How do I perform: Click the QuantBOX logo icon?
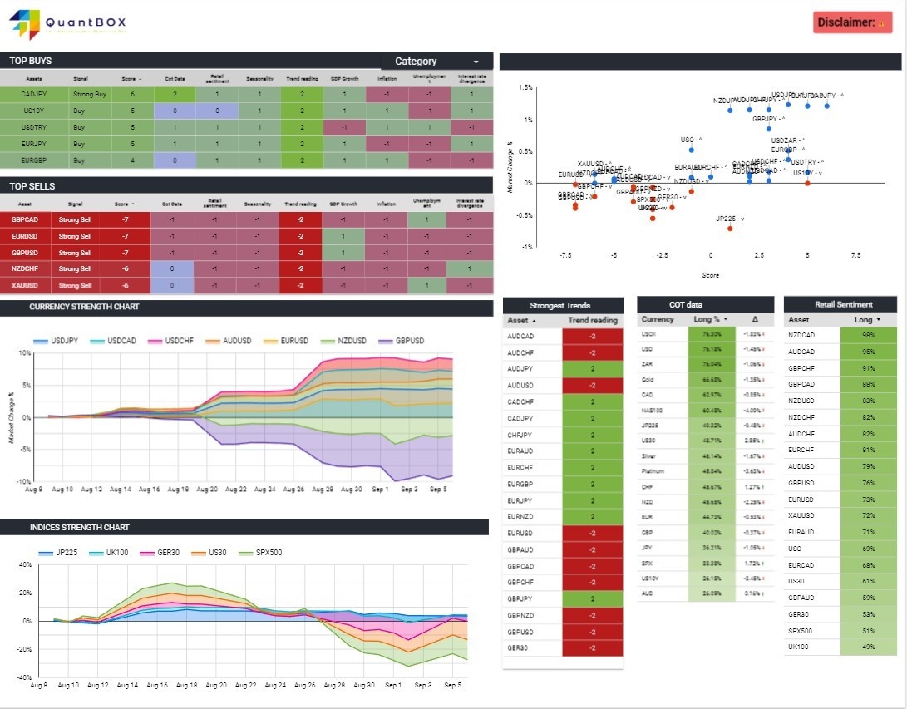25,24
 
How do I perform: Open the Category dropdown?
436,62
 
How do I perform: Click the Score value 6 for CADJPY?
132,95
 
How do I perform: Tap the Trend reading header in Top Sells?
300,203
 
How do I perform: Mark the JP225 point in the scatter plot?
730,228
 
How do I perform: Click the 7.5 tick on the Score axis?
855,255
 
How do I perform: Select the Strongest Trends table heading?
563,305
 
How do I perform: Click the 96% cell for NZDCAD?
869,335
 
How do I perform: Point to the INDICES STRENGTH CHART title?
79,527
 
